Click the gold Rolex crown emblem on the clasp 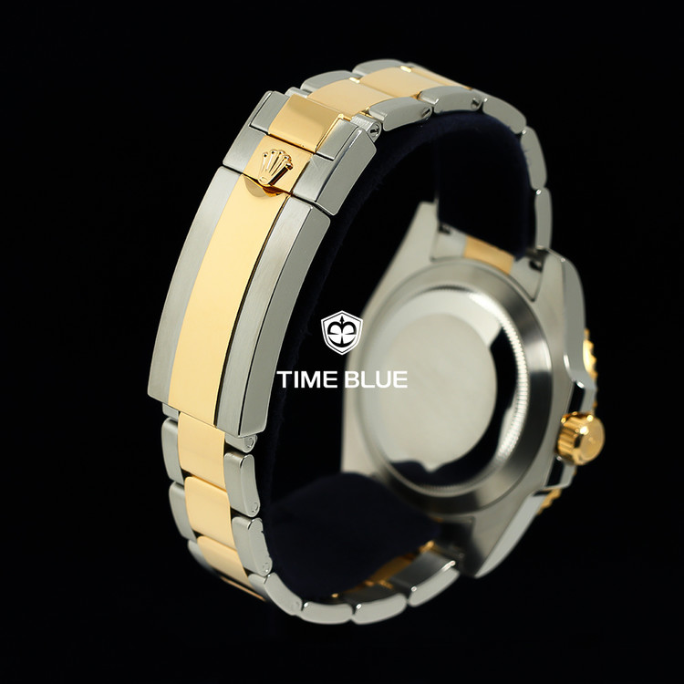click(275, 168)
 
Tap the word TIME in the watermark click(307, 379)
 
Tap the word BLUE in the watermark click(376, 379)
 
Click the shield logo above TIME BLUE click(342, 332)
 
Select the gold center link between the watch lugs click(489, 254)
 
